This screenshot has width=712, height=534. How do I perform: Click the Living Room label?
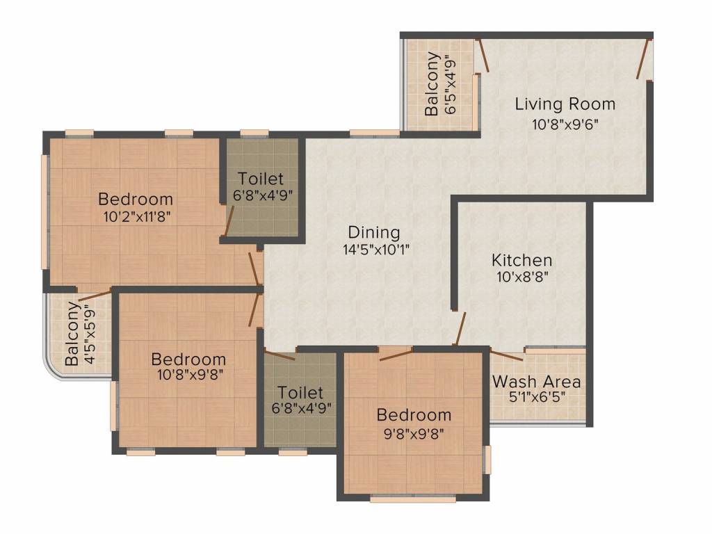pos(565,104)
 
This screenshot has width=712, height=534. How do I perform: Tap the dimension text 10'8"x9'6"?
pos(565,124)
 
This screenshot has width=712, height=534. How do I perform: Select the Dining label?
pos(373,232)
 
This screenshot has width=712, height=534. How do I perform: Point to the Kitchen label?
pos(522,260)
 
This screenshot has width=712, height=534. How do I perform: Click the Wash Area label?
pos(536,382)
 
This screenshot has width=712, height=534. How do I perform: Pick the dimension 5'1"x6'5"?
pos(537,397)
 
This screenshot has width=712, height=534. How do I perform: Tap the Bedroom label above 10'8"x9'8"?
pos(188,359)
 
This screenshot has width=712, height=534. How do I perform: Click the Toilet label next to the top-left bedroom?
pos(261,179)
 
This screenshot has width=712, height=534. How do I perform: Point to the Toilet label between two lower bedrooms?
pos(300,392)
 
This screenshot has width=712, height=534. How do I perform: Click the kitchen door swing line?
pos(460,329)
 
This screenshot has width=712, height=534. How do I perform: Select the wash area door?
pos(507,355)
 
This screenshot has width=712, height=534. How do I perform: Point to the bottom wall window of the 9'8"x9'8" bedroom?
pos(413,499)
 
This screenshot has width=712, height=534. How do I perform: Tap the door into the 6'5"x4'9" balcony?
pos(483,56)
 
